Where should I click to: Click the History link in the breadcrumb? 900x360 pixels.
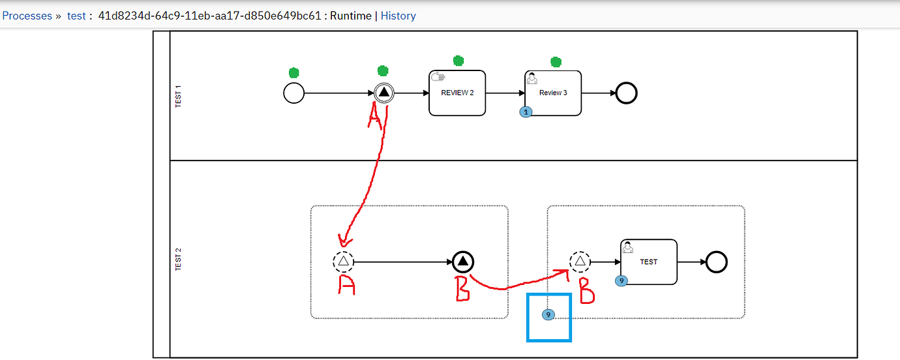coord(398,16)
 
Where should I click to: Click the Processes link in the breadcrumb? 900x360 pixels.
coord(27,16)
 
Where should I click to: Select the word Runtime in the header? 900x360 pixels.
coord(350,16)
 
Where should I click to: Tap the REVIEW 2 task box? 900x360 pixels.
coord(457,93)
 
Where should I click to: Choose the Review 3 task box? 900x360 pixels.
coord(553,93)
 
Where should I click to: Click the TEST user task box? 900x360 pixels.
coord(649,262)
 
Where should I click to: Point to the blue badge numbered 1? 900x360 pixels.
coord(526,112)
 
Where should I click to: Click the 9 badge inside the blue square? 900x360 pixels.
coord(548,315)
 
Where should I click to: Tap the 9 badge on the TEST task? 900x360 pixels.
coord(622,281)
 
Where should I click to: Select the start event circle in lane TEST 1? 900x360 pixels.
coord(294,93)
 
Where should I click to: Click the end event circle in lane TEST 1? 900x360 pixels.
coord(626,93)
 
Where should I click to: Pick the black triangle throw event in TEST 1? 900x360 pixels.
coord(384,93)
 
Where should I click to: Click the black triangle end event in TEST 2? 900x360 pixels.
coord(462,262)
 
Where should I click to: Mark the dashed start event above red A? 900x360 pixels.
coord(344,262)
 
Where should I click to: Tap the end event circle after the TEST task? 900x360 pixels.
coord(716,262)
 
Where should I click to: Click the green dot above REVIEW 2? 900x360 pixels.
coord(458,61)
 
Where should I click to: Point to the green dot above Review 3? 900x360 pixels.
coord(556,62)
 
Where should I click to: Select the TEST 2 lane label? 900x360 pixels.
coord(179,260)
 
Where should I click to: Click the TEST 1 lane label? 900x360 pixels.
coord(179,97)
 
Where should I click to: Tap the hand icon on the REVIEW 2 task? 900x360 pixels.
coord(439,77)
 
